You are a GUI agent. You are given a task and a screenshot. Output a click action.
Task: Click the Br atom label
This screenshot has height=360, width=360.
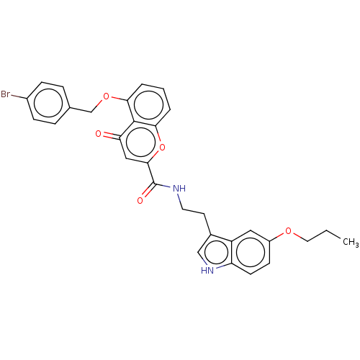click(6, 94)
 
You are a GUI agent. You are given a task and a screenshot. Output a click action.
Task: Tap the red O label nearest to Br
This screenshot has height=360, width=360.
click(107, 96)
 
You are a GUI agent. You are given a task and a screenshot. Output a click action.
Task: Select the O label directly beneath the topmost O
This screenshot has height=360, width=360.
click(99, 133)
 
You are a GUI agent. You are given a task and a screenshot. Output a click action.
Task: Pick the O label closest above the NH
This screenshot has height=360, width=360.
click(162, 148)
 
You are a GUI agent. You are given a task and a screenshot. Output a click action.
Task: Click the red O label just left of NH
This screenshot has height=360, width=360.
click(140, 201)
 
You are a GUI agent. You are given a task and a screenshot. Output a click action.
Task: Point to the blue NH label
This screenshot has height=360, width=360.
click(179, 189)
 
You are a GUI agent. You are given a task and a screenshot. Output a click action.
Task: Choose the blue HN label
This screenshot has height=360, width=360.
click(207, 271)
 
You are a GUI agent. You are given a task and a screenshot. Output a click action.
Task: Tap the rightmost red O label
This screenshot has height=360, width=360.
click(289, 231)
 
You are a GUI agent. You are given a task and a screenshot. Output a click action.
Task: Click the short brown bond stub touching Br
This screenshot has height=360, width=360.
click(16, 96)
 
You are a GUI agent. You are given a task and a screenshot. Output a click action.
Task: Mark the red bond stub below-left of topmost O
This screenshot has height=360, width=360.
click(100, 102)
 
